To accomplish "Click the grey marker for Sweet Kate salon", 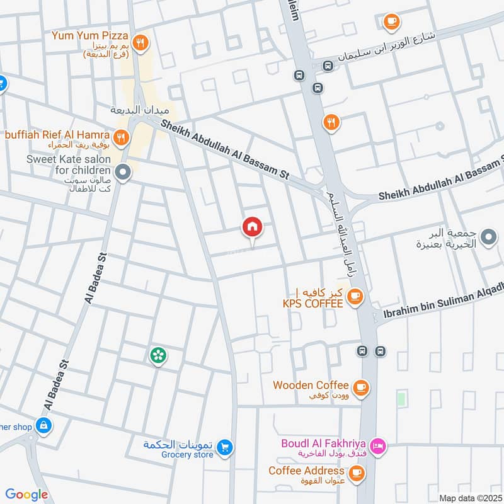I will point(123,170).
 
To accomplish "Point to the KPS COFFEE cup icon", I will point(355,295).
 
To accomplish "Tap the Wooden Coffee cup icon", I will point(360,386).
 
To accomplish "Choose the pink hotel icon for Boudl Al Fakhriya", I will point(377,446).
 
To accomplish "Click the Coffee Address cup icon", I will point(357,471).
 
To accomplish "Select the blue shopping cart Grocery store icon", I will point(225,448).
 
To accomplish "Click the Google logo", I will point(26,495).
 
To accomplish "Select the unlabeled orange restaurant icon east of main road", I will point(331,122).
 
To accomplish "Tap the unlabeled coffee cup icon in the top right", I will point(392,21).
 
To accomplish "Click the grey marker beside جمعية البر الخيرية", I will point(488,238).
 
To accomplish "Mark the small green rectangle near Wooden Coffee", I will point(401,399).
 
